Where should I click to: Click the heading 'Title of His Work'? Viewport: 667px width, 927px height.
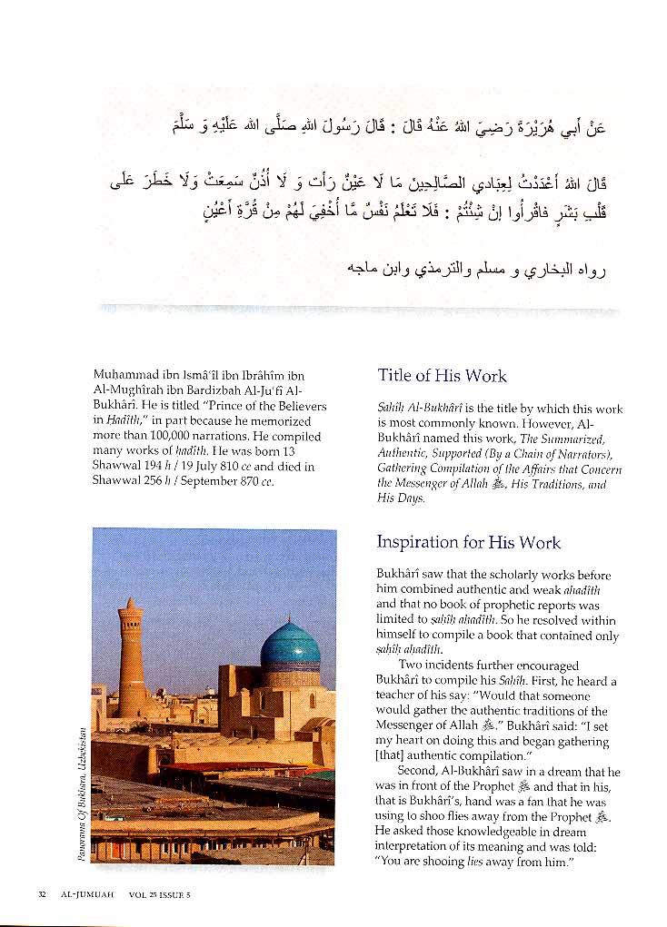[442, 376]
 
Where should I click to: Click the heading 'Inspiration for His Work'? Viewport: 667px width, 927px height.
[468, 543]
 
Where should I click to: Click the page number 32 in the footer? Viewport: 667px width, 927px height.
[42, 894]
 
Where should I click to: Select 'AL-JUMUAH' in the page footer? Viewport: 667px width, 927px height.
[88, 894]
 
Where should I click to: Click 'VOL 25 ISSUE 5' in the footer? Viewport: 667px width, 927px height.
[160, 894]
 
